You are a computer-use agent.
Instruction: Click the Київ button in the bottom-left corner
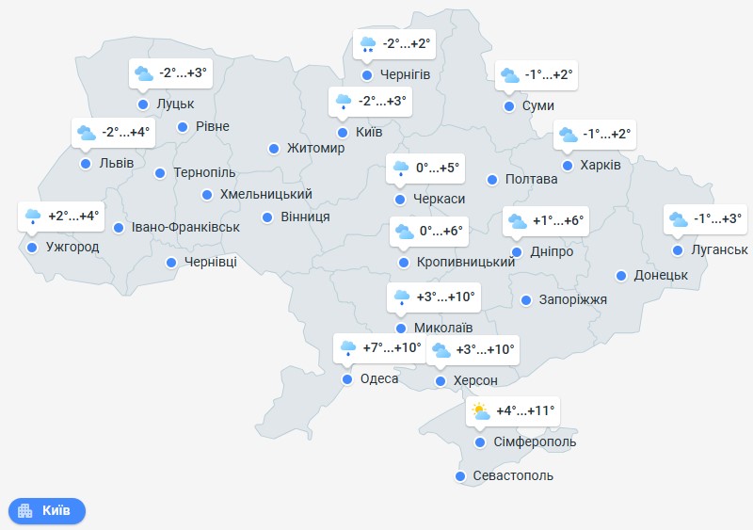pyautogui.click(x=47, y=511)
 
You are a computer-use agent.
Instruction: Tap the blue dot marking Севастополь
pyautogui.click(x=460, y=476)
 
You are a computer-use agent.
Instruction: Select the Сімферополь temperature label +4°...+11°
pyautogui.click(x=526, y=411)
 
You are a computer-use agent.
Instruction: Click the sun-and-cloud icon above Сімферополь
pyautogui.click(x=481, y=411)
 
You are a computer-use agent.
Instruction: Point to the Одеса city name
pyautogui.click(x=379, y=379)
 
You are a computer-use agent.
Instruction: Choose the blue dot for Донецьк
pyautogui.click(x=621, y=276)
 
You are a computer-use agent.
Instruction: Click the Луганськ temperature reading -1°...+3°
pyautogui.click(x=717, y=219)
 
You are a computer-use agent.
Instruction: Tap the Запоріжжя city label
pyautogui.click(x=573, y=300)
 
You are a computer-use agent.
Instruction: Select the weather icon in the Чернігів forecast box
pyautogui.click(x=367, y=43)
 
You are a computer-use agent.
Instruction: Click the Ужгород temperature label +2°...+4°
pyautogui.click(x=73, y=217)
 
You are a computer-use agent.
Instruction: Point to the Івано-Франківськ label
pyautogui.click(x=186, y=228)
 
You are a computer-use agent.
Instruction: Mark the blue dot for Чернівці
pyautogui.click(x=171, y=263)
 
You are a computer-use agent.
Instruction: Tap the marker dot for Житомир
pyautogui.click(x=273, y=149)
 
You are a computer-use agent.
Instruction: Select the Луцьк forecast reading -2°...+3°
pyautogui.click(x=183, y=72)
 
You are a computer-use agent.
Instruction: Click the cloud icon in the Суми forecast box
pyautogui.click(x=509, y=75)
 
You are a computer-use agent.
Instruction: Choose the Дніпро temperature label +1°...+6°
pyautogui.click(x=558, y=222)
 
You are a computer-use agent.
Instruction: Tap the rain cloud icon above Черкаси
pyautogui.click(x=401, y=169)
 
